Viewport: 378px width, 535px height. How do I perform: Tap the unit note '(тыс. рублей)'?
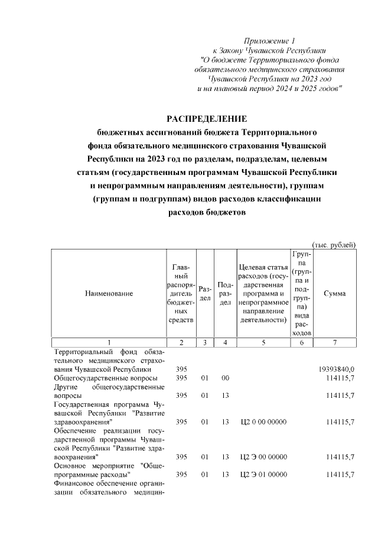click(334, 245)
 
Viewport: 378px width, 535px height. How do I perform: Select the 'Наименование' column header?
click(109, 293)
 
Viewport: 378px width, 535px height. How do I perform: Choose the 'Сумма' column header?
click(335, 293)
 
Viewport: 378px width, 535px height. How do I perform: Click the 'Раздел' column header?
click(204, 293)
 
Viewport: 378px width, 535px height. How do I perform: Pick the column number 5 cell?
click(263, 342)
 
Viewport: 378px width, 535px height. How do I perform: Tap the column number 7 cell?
click(335, 342)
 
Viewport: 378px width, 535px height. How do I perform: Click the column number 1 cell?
click(109, 342)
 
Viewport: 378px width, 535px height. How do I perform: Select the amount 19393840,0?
click(336, 369)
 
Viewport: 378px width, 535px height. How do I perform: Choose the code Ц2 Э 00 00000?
click(263, 457)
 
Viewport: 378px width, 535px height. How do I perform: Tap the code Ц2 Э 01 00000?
click(263, 475)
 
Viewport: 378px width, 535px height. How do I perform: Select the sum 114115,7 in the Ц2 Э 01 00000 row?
click(340, 475)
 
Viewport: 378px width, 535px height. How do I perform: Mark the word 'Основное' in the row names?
click(70, 466)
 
